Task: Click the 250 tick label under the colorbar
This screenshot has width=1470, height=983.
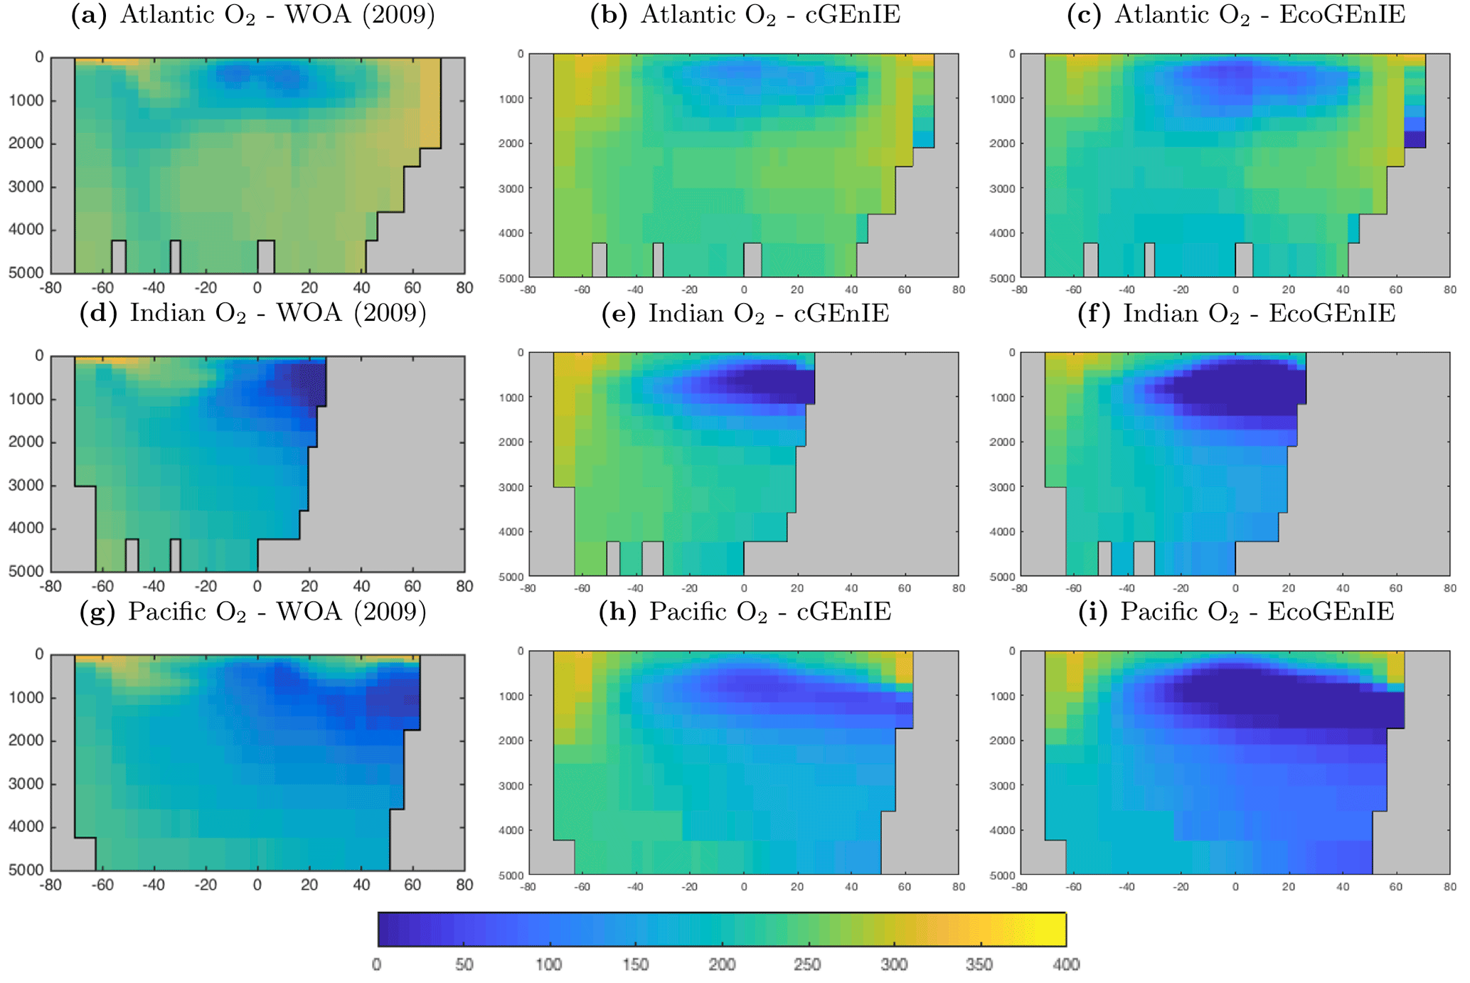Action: pos(807,965)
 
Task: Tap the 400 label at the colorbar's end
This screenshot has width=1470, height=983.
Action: pos(1065,965)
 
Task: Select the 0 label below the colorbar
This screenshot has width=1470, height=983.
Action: pos(377,965)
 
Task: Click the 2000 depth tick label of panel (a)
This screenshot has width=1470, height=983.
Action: pos(26,144)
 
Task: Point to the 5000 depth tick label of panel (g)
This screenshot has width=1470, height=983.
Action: pos(26,870)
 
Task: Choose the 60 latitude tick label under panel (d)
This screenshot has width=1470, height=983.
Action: pos(412,587)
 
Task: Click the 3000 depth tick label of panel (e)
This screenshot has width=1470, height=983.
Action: pos(510,488)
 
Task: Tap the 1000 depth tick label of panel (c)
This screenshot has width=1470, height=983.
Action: pos(1002,100)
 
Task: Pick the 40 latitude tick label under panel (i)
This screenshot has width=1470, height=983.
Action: pos(1342,887)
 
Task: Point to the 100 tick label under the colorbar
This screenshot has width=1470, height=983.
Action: pos(549,965)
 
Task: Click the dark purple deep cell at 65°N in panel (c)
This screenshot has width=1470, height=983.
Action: pos(1415,139)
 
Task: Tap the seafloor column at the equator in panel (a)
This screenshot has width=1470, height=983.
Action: pos(266,257)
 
